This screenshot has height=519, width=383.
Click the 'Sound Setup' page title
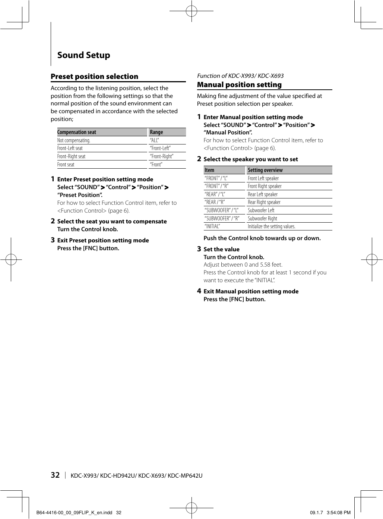(83, 55)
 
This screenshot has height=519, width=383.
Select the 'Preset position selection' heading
(94, 76)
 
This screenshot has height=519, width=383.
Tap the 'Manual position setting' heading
(239, 85)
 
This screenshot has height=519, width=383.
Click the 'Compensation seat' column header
(77, 132)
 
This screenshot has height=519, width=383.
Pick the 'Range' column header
(156, 132)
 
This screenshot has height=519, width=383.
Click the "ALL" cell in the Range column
(154, 140)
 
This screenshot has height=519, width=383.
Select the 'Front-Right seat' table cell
(71, 156)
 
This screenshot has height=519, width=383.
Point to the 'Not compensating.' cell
(74, 140)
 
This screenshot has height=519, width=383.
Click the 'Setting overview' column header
(265, 170)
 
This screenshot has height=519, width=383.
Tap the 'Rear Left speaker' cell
(263, 194)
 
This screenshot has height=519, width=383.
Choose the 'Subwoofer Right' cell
(262, 219)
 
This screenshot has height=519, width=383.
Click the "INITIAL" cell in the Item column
(212, 226)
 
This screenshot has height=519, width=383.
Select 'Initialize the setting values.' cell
(271, 226)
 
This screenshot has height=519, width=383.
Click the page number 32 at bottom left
(55, 475)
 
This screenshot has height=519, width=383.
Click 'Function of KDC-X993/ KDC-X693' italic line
(240, 76)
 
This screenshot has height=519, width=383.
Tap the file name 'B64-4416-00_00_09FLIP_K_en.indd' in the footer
(74, 513)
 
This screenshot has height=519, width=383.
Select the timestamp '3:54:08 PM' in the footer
(338, 513)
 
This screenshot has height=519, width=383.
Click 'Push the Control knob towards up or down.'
(262, 238)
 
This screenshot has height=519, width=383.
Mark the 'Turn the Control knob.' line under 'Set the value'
(234, 257)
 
